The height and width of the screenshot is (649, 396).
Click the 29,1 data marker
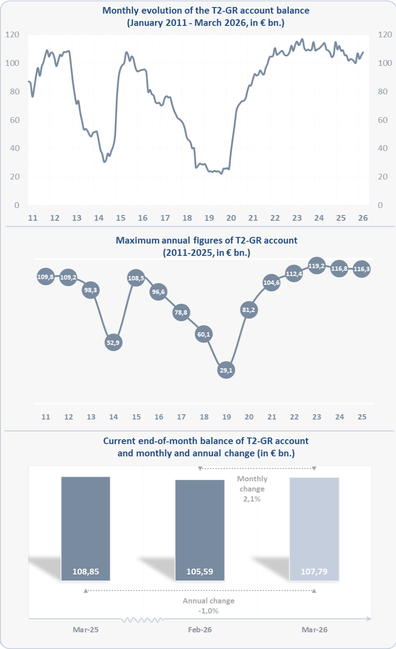click(226, 370)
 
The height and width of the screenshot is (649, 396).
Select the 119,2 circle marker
click(317, 266)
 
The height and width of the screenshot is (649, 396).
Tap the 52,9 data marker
click(113, 343)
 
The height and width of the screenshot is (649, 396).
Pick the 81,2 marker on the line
click(249, 310)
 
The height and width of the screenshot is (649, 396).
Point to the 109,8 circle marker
click(46, 277)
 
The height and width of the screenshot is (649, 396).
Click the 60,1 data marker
click(204, 334)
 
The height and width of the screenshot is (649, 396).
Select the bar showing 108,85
click(86, 528)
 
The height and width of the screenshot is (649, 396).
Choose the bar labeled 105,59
click(200, 530)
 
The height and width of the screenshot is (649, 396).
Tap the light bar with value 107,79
click(314, 529)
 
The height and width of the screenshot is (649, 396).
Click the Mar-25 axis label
click(86, 630)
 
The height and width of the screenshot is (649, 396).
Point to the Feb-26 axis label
click(200, 630)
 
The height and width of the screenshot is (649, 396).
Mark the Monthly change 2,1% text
click(252, 489)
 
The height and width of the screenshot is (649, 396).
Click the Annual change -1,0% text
click(208, 606)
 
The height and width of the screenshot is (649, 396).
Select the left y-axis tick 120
click(12, 35)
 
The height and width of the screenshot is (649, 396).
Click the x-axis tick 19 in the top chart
click(209, 218)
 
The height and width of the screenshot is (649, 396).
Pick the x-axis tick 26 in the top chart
click(363, 218)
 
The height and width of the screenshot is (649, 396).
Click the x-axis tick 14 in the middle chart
click(114, 417)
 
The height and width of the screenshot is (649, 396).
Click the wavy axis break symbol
click(143, 620)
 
